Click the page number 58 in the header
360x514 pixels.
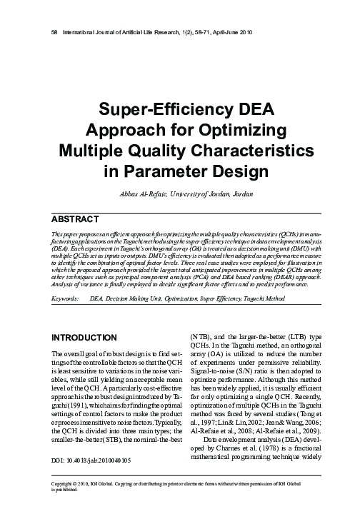46,33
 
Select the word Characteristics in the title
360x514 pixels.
251,151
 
